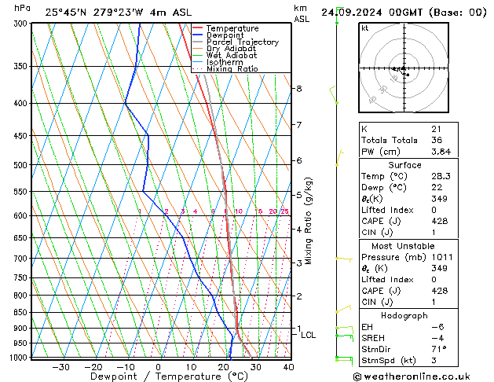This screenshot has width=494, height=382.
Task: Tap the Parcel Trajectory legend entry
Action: (x=242, y=42)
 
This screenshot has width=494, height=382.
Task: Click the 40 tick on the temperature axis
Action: (x=288, y=367)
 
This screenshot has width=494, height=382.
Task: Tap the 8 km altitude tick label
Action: (x=298, y=89)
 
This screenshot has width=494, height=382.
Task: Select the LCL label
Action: (x=308, y=335)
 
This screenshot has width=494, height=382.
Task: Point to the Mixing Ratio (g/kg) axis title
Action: (x=309, y=221)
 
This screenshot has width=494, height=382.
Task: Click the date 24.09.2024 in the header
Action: (x=348, y=12)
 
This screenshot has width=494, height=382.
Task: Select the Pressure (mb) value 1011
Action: (x=441, y=257)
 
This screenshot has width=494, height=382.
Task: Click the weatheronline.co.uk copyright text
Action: (x=423, y=376)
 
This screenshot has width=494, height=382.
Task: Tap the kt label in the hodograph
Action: (x=365, y=28)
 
